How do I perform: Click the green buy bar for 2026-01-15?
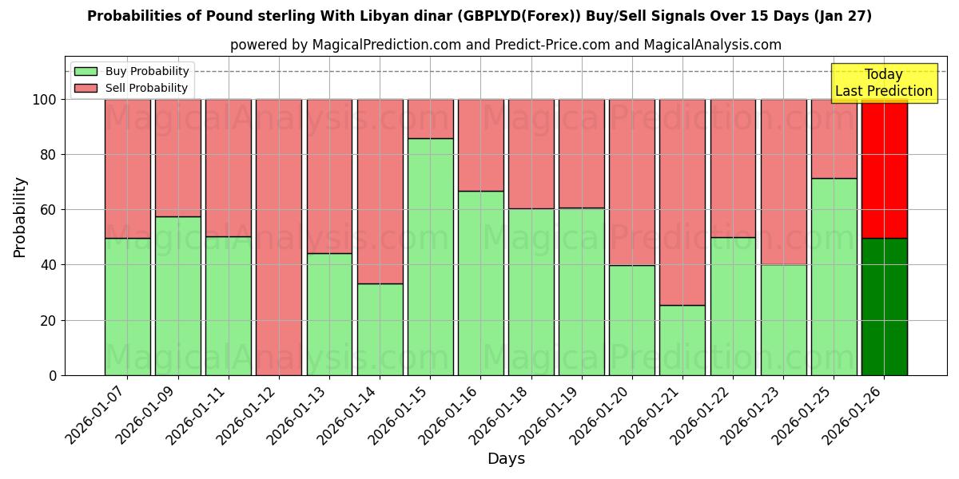pyautogui.click(x=430, y=256)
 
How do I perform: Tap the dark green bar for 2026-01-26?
pyautogui.click(x=884, y=307)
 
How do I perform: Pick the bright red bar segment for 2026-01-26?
pyautogui.click(x=884, y=168)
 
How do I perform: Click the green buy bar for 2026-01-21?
pyautogui.click(x=682, y=340)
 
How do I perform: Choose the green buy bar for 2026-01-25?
pyautogui.click(x=834, y=276)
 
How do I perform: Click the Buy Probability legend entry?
pyautogui.click(x=132, y=72)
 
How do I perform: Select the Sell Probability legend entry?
pyautogui.click(x=132, y=89)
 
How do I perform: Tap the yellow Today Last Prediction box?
pyautogui.click(x=884, y=83)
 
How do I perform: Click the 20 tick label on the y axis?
pyautogui.click(x=50, y=320)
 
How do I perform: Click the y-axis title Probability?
pyautogui.click(x=20, y=217)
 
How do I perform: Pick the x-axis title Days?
pyautogui.click(x=506, y=459)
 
